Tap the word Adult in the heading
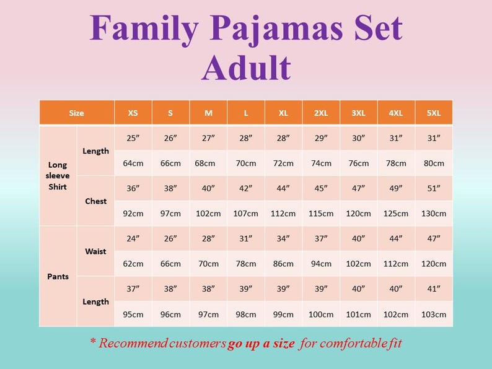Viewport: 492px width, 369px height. coord(246,67)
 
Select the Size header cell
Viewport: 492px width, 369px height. coord(76,113)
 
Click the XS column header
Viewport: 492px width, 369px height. coord(133,113)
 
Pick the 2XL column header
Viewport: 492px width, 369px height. coord(321,113)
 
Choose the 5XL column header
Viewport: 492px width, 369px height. coord(434,113)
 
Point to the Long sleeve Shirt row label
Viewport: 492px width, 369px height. coord(58,176)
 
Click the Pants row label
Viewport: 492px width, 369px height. coord(58,276)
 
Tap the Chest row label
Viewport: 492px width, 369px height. coord(95,201)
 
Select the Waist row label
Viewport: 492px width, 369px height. coord(95,251)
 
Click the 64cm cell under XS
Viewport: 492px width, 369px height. coord(133,163)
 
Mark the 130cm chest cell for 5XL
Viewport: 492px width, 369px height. coord(434,214)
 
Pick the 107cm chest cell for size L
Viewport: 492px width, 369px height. coord(246,214)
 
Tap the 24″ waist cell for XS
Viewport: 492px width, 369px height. coord(133,238)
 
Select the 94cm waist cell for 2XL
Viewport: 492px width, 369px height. coord(321,264)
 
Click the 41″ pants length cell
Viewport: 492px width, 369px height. coord(434,289)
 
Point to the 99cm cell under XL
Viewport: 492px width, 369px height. coord(283,314)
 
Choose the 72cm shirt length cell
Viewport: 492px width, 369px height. coord(283,163)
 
